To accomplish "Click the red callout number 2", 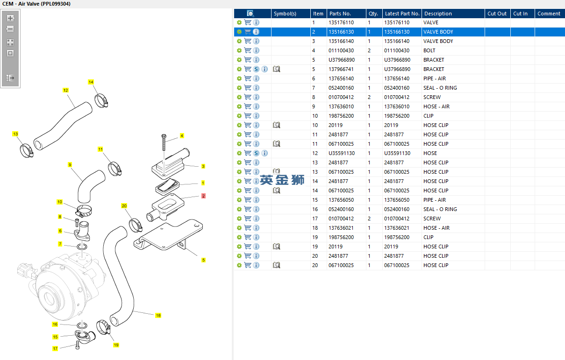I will tap(203, 196).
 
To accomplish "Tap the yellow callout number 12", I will tap(65, 90).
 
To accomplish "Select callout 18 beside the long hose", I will tap(158, 316).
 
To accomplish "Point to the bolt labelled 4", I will tap(164, 142).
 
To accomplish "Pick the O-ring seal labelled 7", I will tap(81, 246).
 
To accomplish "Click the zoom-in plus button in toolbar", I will tap(10, 18).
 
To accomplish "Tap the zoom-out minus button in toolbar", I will tap(10, 29).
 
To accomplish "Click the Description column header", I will tap(438, 14).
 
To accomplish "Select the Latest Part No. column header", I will tap(402, 14).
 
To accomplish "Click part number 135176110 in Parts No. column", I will tap(341, 22).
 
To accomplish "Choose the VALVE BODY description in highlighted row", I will tap(438, 32).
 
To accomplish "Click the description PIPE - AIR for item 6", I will tap(434, 78).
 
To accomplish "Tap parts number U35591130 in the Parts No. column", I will tap(341, 153).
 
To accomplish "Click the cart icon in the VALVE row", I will tap(248, 22).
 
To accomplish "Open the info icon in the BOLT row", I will tap(256, 50).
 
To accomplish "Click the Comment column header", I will tap(549, 14).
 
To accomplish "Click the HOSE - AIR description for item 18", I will tap(436, 228).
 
